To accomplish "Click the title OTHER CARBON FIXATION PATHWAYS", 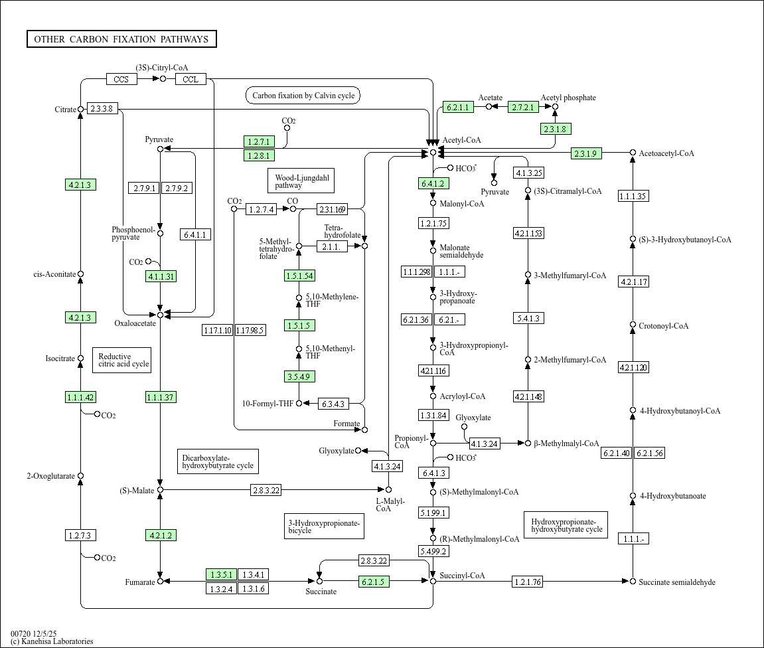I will (121, 39).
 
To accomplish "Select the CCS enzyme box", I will (121, 79).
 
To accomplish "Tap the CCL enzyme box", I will (191, 79).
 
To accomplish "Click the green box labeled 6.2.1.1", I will (457, 107).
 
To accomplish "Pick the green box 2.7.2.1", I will (523, 107).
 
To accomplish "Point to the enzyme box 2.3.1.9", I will (586, 153).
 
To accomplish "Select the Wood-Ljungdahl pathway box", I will (301, 181).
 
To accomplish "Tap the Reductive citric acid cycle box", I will (121, 360).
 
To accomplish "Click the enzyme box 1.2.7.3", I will (80, 535).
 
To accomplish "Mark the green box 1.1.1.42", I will (80, 397).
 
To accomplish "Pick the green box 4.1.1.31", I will (161, 276).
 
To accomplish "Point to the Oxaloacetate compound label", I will (135, 323).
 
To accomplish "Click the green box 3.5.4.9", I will (299, 376).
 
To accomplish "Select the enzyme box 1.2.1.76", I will (528, 582).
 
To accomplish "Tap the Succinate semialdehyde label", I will (676, 582).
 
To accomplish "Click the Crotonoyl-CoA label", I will (663, 326).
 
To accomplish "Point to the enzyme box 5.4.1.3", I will (528, 319).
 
